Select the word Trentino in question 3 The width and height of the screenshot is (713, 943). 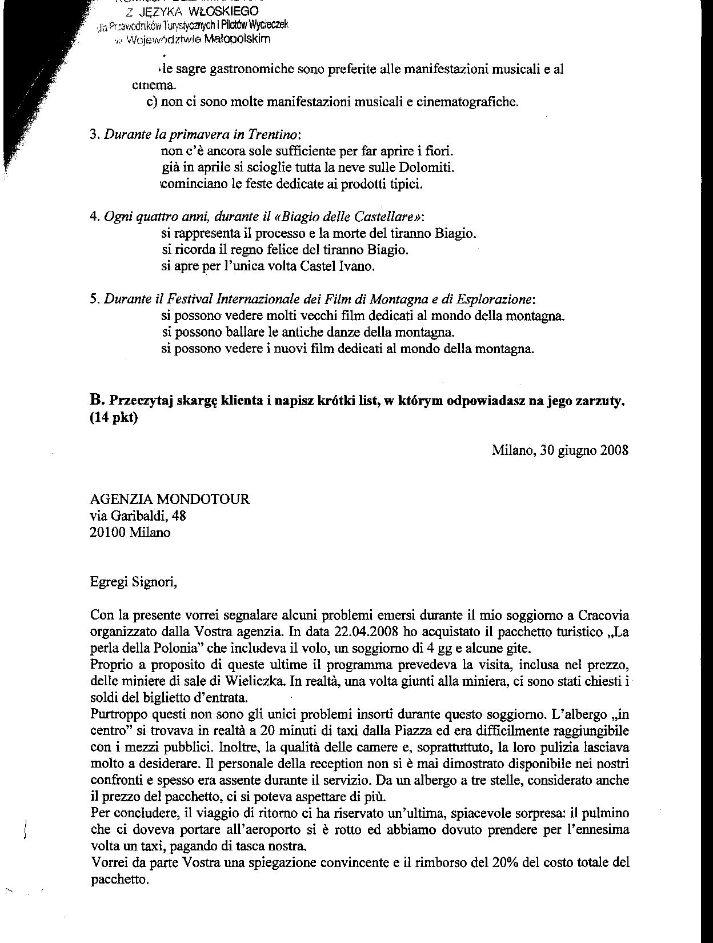point(273,135)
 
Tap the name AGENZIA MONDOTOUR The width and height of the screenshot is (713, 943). point(170,500)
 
